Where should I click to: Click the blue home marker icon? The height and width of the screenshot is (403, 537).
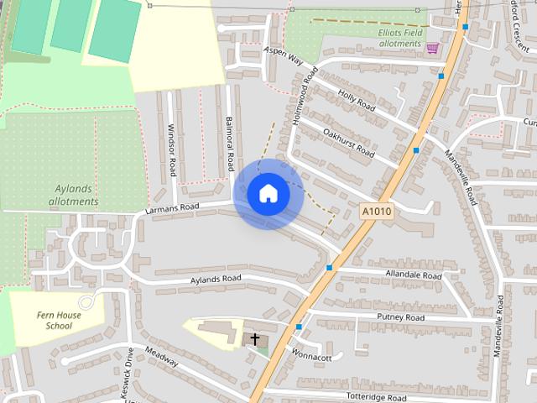coord(268,194)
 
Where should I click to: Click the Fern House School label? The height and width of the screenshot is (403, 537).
coord(59,319)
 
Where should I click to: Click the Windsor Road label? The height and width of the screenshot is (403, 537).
coord(172,150)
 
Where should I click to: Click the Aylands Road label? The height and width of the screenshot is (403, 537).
coord(216,278)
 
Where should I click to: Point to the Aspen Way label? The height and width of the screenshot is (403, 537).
coord(282,55)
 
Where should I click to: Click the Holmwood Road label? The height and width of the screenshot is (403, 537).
coord(302,97)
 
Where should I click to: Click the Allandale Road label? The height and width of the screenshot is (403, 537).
coord(413,275)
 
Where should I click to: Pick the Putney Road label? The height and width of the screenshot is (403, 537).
coord(400,317)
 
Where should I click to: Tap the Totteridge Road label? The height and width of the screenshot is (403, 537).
coord(376,397)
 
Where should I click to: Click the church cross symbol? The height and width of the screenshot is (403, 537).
coord(255,338)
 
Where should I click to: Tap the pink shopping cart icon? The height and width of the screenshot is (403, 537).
coord(432,48)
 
